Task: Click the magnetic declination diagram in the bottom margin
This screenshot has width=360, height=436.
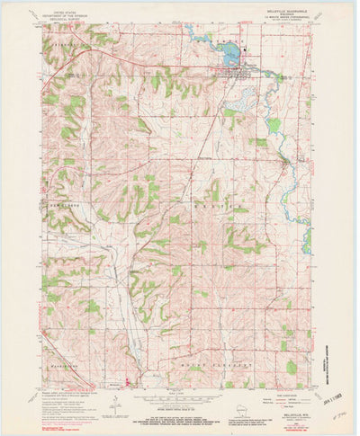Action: (x=114, y=406)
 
